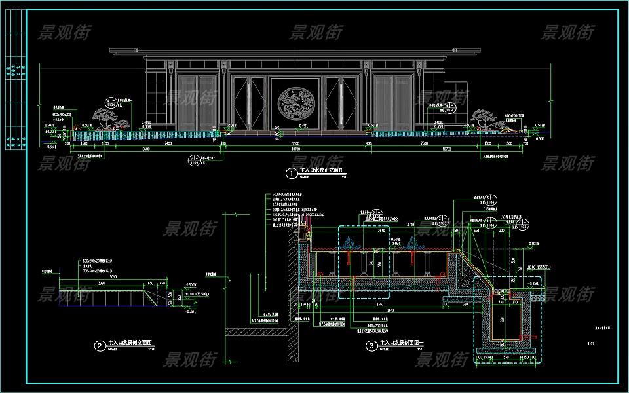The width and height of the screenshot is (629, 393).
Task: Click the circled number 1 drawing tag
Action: (290, 174)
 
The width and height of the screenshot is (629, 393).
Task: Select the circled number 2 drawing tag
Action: (99, 346)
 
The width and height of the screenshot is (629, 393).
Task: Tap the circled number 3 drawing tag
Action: (372, 345)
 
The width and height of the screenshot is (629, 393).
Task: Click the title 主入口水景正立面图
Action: (321, 171)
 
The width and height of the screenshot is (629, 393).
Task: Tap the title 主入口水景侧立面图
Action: (130, 343)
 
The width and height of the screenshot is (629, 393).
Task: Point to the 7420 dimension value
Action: (168, 142)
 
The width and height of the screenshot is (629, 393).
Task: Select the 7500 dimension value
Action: (424, 142)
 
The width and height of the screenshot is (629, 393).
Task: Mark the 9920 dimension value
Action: (295, 142)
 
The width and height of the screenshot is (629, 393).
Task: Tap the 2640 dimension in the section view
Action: (362, 230)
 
